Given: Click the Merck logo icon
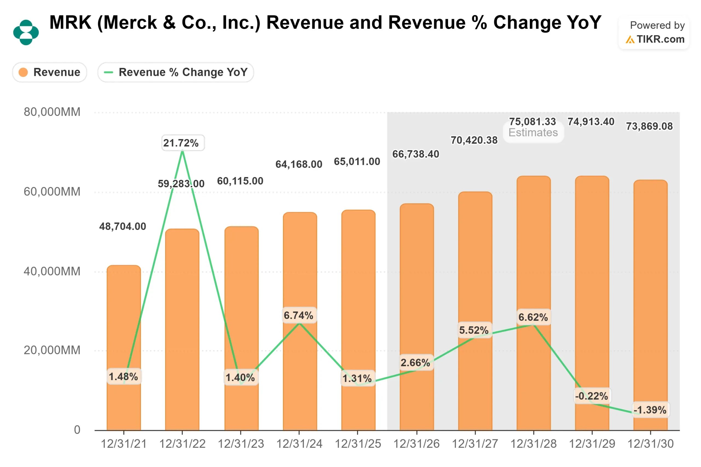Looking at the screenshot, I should (x=26, y=32).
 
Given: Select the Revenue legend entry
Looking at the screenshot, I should (x=50, y=72).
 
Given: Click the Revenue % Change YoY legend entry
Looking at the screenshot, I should (x=176, y=72).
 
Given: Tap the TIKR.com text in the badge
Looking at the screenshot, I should (x=660, y=39).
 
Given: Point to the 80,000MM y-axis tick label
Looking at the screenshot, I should (x=52, y=112).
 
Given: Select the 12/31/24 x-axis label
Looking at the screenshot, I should (x=299, y=444).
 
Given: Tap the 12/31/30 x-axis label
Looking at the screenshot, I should (x=650, y=444).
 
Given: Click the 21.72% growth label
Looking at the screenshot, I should (x=181, y=143).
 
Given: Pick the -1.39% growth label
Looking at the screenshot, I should (x=650, y=410).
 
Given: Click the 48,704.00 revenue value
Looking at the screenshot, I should (x=122, y=226).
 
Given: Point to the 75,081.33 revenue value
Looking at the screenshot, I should (x=532, y=122).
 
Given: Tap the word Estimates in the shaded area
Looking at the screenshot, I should (x=533, y=132).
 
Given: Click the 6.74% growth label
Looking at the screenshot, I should (x=298, y=315).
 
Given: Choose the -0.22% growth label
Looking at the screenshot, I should (x=591, y=396).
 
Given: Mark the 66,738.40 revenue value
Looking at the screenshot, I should (x=416, y=154).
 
